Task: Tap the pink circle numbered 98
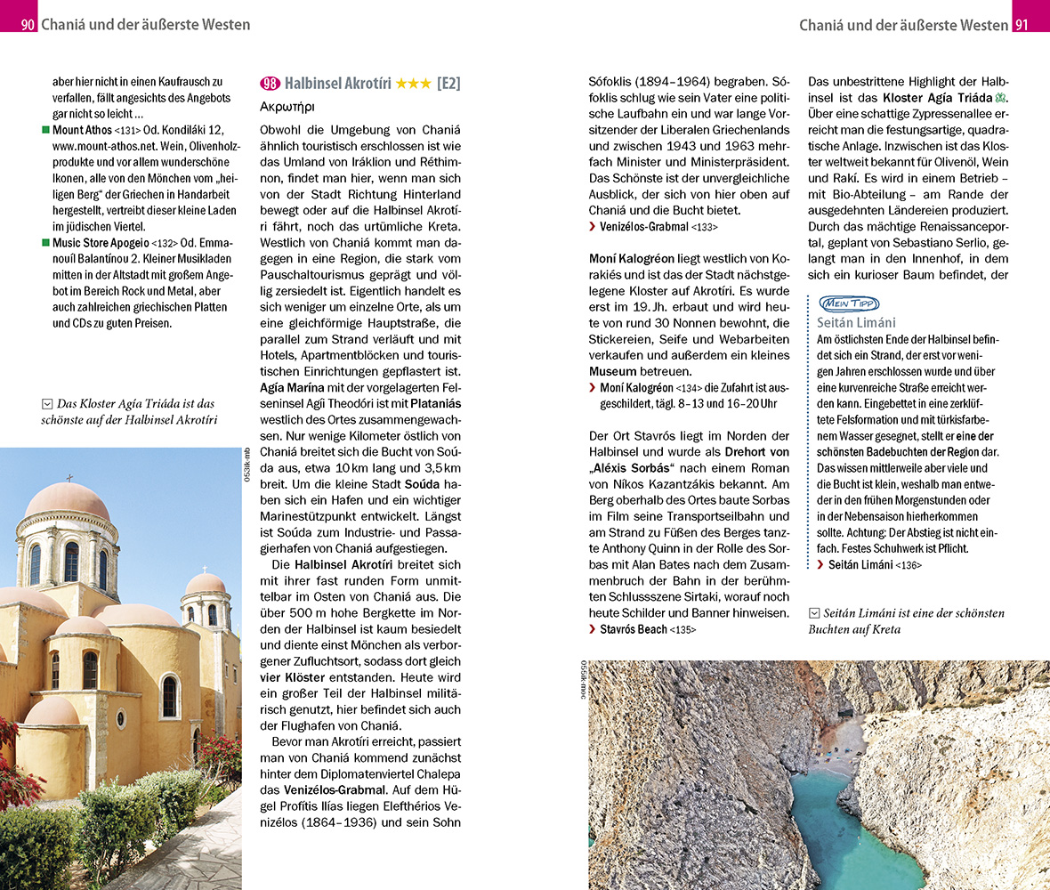270,84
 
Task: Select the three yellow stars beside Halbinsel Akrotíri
413,84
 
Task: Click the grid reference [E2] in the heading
448,84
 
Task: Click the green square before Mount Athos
46,130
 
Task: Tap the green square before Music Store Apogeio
46,243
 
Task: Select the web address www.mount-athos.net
103,146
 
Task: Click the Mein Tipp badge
848,303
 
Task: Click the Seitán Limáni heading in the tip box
856,322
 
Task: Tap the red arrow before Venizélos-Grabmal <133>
593,228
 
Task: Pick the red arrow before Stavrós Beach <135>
593,629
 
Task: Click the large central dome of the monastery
67,503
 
